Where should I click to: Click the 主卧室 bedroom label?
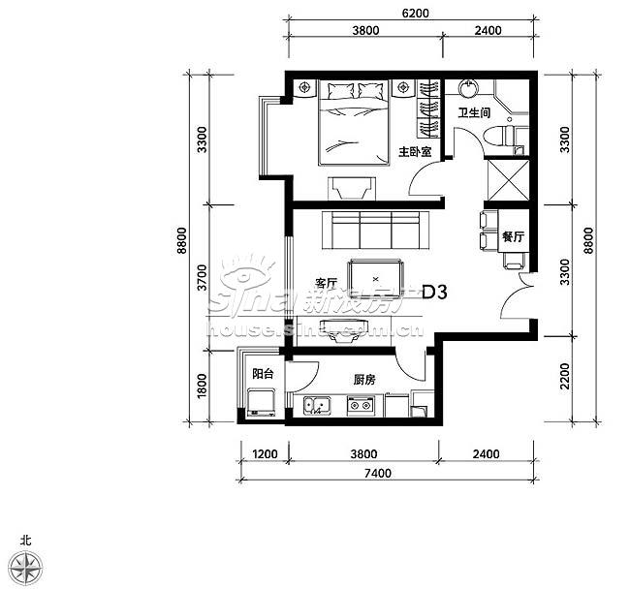click(415, 152)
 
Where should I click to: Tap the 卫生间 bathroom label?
click(475, 112)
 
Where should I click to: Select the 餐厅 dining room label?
click(513, 237)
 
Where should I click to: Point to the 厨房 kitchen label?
click(364, 380)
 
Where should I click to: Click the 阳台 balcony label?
click(263, 374)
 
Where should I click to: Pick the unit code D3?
click(434, 293)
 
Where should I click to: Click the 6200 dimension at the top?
click(416, 14)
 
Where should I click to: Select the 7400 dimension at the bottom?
click(377, 474)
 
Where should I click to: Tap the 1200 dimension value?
click(265, 454)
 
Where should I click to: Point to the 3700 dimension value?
click(203, 277)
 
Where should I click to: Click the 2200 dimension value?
click(565, 376)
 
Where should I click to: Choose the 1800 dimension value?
click(203, 386)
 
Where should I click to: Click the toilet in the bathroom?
click(499, 137)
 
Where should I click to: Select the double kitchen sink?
click(317, 405)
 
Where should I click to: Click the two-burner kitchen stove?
click(361, 405)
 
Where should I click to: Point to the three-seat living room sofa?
click(376, 230)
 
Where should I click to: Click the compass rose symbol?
click(26, 569)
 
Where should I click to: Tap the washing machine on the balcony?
click(261, 402)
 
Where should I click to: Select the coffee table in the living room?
click(376, 279)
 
